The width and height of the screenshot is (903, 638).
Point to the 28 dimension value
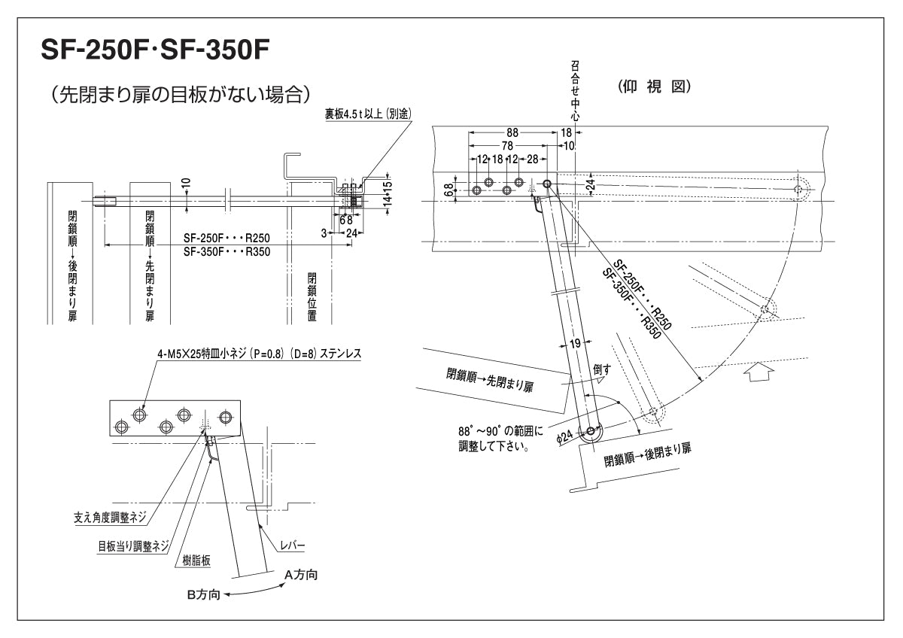tap(532, 159)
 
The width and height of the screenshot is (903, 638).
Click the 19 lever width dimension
tap(574, 344)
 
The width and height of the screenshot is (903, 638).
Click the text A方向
tap(300, 575)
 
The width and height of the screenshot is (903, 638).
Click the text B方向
tap(203, 594)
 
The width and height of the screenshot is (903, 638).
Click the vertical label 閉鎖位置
tap(312, 297)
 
